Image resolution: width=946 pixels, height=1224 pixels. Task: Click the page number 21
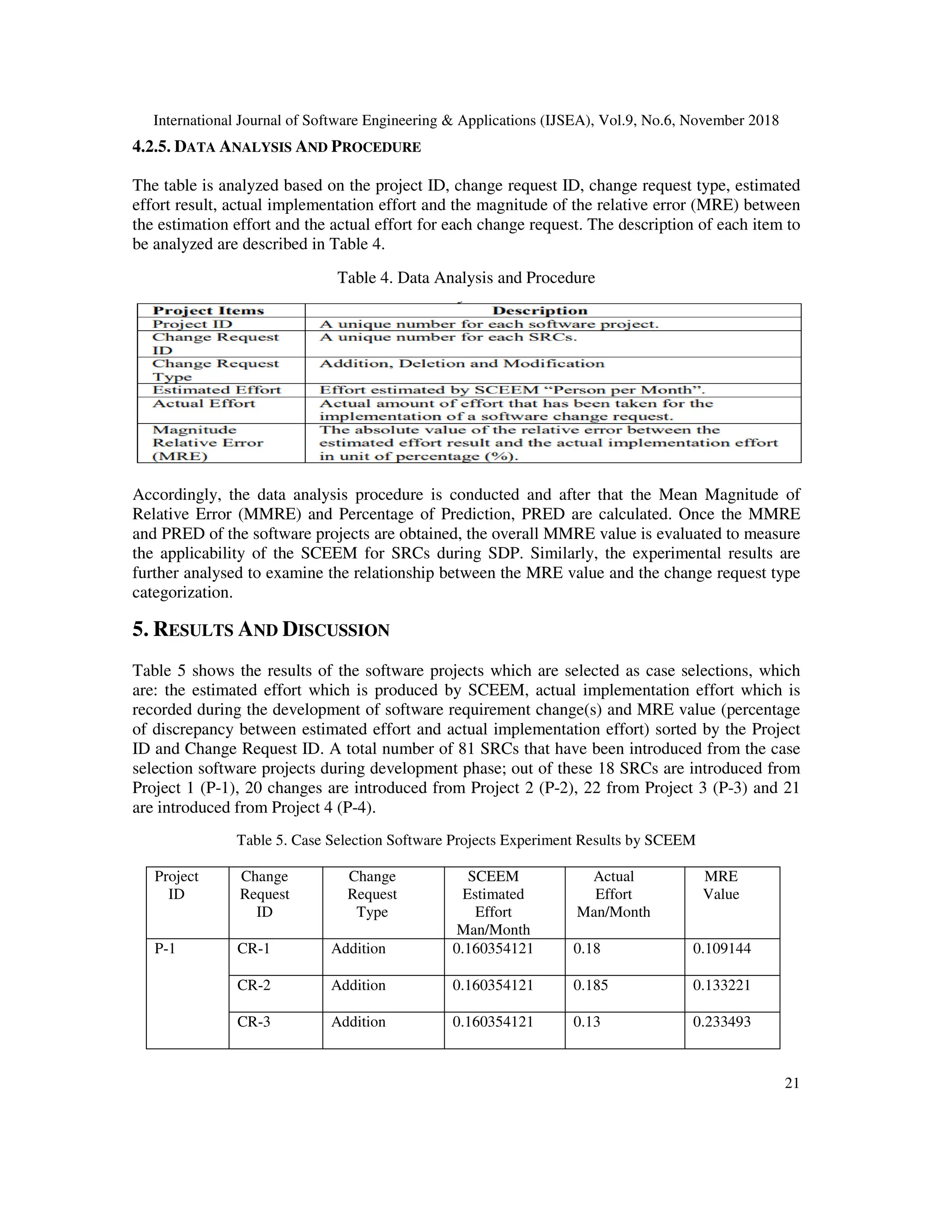(x=791, y=1083)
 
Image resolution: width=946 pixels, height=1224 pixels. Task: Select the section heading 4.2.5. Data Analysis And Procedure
(x=276, y=147)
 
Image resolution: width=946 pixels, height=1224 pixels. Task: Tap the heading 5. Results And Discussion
(x=261, y=630)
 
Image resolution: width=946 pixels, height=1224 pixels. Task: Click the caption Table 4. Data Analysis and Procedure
(x=466, y=278)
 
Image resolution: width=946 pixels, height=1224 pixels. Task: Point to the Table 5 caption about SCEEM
(x=466, y=840)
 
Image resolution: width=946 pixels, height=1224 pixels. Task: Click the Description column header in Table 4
(x=540, y=310)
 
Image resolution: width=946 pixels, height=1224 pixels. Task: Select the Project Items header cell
(x=208, y=310)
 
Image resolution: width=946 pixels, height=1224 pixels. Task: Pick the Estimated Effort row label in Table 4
(x=216, y=390)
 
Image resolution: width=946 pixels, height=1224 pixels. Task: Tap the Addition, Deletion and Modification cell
(x=462, y=364)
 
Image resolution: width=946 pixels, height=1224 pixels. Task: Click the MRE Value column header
(x=721, y=885)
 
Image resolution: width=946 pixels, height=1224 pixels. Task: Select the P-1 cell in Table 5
(x=165, y=949)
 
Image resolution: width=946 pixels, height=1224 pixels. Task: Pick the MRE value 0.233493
(x=722, y=1022)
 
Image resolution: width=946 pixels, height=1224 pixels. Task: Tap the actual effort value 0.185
(x=590, y=985)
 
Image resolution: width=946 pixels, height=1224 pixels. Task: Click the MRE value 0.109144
(x=722, y=949)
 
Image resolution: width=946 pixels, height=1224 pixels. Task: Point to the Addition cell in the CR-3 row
(x=358, y=1022)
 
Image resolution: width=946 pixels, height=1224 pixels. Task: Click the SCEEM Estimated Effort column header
(x=493, y=903)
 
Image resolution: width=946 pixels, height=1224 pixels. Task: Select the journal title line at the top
(x=466, y=121)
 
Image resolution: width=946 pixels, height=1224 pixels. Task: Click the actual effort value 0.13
(x=586, y=1022)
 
